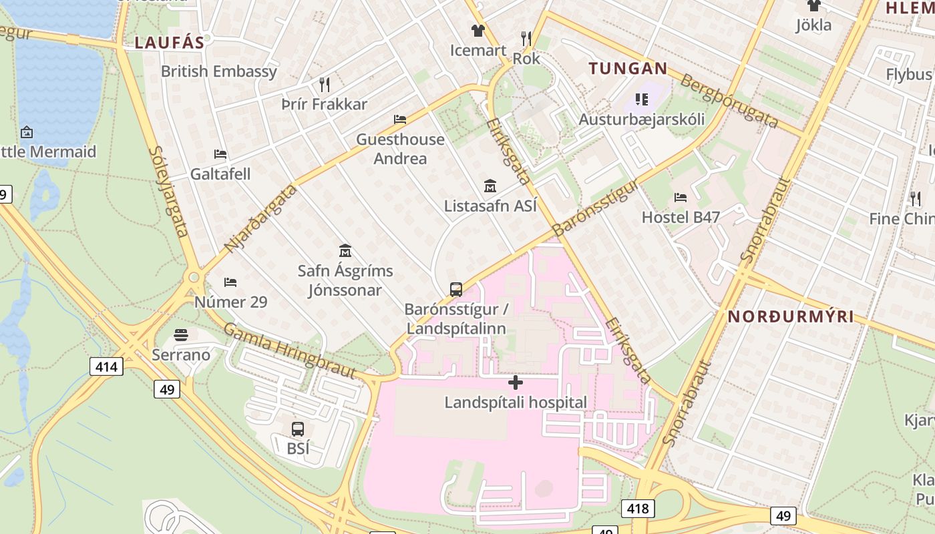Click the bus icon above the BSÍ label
[298, 429]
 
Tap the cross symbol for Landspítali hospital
[515, 383]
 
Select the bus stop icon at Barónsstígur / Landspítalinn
[456, 290]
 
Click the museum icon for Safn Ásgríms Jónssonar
[345, 252]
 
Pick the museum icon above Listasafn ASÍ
[490, 186]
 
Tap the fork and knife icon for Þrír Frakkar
[325, 84]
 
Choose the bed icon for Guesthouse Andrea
[400, 119]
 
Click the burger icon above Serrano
[181, 334]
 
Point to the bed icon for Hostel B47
[681, 198]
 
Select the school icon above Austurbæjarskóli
[642, 99]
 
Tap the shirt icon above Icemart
[478, 30]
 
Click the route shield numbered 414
[106, 366]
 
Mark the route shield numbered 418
[637, 509]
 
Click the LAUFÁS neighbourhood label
[169, 43]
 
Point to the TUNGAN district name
[628, 68]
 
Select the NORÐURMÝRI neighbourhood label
[791, 316]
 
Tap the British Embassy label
[219, 71]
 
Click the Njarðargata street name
[260, 218]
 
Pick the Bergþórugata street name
[729, 101]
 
